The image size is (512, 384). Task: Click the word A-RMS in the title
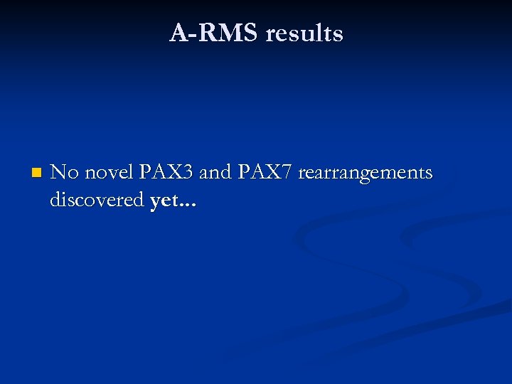point(214,33)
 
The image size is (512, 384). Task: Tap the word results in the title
point(304,33)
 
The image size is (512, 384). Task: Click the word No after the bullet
point(65,172)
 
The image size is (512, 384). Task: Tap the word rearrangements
point(365,174)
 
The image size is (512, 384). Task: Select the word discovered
point(97,201)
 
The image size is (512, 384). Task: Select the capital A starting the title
point(178,33)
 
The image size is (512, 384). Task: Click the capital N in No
point(58,172)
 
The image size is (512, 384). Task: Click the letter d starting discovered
point(55,201)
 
